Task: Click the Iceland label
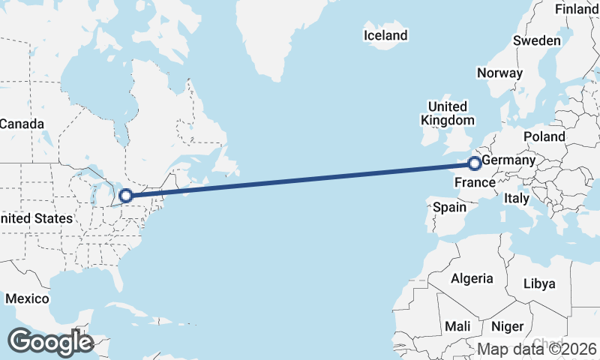coord(385,35)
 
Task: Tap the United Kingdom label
coord(448,113)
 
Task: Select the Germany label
coord(508,161)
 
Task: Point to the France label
coord(474,183)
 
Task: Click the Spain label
coord(449,207)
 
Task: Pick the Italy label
coord(517,199)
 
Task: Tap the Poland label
coord(544,136)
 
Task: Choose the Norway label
coord(499,73)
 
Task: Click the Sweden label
coord(537,40)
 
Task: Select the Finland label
coord(576,9)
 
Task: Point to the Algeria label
coord(472,278)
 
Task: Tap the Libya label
coord(539,283)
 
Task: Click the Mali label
coord(457,326)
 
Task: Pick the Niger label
coord(507,326)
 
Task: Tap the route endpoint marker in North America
coord(126,196)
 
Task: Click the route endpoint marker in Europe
coord(474,163)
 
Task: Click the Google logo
coord(50,342)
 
